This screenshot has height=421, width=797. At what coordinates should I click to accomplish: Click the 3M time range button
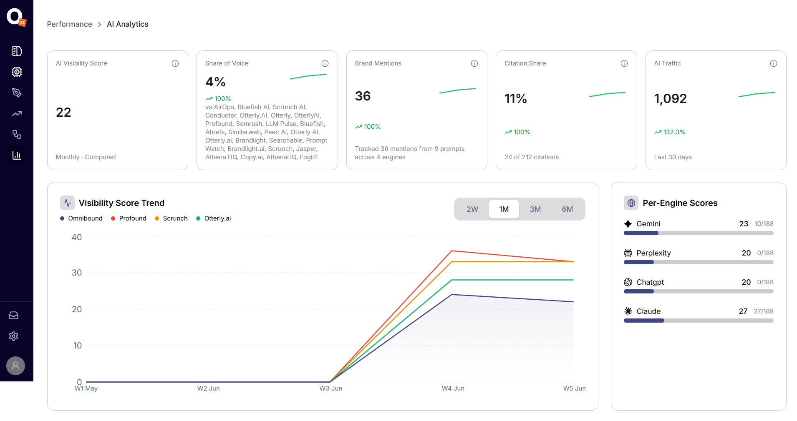coord(535,209)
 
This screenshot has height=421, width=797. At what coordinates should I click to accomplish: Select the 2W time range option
coord(472,209)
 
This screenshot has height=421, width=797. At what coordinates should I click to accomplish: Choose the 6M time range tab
coord(567,209)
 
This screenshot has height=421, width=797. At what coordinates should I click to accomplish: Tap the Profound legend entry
coord(129,218)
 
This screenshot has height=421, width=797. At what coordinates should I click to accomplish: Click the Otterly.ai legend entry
coord(213,218)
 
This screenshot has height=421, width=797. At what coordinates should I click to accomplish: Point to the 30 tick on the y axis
coord(77,273)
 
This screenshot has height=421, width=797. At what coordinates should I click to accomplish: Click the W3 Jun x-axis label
coord(331,388)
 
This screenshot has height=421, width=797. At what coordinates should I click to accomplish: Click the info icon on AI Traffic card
coord(774,63)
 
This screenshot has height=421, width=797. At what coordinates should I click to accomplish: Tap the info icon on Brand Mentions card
coord(474,63)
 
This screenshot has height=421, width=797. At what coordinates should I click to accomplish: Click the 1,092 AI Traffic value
coord(671,99)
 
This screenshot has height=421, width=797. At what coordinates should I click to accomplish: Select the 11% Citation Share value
coord(516,99)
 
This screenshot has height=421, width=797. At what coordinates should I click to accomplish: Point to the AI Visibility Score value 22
coord(63,112)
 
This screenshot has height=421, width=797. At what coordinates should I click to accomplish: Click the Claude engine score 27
coord(743,311)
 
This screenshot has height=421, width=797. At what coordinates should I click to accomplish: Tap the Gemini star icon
coord(628,224)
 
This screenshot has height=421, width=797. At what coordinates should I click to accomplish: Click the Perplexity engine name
coord(654,253)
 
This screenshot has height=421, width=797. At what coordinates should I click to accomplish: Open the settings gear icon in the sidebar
coord(14,336)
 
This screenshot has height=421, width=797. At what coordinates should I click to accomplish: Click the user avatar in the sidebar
coord(16,366)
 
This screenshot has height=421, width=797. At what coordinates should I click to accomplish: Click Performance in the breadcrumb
coord(70,24)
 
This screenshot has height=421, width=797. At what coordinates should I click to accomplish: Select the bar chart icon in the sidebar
coord(17,155)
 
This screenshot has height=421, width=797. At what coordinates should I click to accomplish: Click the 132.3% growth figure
coord(674,132)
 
